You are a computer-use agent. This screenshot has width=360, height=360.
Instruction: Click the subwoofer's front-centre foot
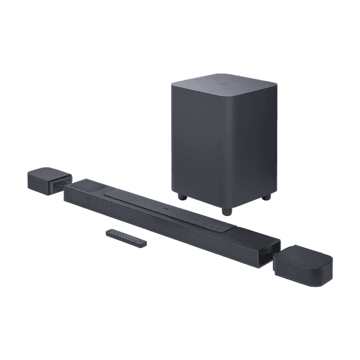click(226, 211)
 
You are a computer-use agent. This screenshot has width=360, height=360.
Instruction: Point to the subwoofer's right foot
click(265, 199)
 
